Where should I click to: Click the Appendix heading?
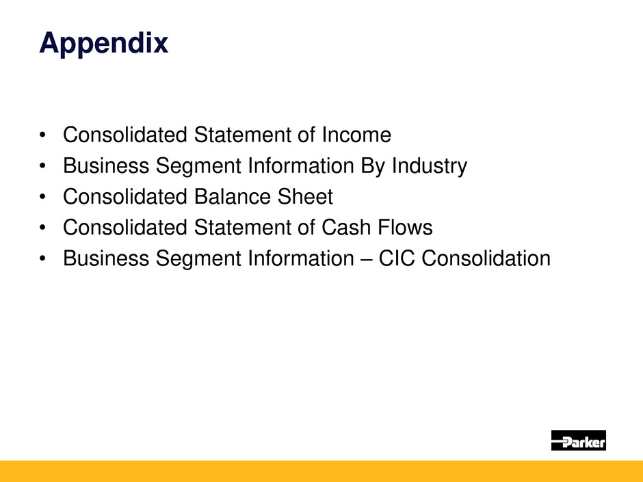(x=104, y=44)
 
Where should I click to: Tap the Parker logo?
(x=578, y=440)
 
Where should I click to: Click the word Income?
(x=356, y=135)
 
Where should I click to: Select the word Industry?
(x=430, y=166)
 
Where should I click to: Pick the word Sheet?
(x=306, y=197)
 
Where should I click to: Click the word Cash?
(x=346, y=228)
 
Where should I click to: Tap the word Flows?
(x=405, y=228)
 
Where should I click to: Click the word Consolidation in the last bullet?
(x=486, y=258)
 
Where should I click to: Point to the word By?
(x=373, y=166)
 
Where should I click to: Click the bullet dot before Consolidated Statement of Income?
(x=42, y=135)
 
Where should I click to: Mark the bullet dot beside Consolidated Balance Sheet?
(x=42, y=197)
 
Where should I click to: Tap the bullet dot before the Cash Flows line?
(x=42, y=228)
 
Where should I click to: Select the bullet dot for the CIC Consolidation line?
(x=42, y=258)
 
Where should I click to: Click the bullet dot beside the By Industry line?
(x=42, y=166)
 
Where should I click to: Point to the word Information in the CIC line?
(x=301, y=258)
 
